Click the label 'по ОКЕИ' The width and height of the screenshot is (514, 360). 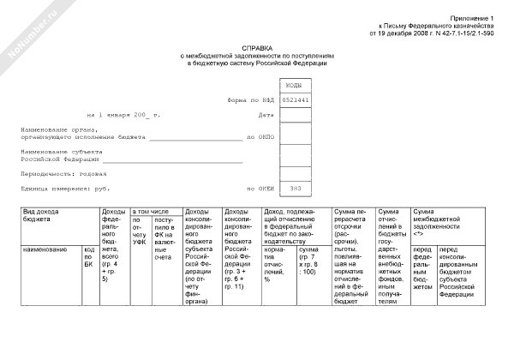click(x=259, y=188)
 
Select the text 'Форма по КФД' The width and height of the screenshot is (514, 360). click(x=250, y=100)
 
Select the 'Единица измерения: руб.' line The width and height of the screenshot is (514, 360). click(x=66, y=188)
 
